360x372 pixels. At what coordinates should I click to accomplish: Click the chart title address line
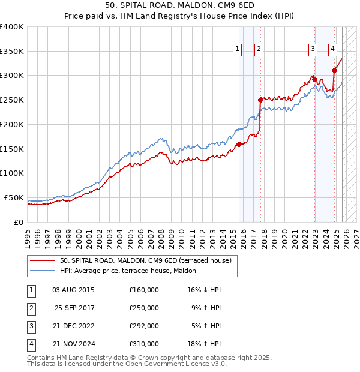coord(179,7)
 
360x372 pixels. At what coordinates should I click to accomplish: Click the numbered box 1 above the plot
coord(238,50)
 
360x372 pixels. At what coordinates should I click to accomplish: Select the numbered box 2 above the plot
coord(259,50)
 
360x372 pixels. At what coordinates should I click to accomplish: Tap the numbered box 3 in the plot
coord(313,50)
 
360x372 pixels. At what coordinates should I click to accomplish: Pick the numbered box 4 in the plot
coord(332,50)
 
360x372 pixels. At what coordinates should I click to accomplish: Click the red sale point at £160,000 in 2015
coord(239,144)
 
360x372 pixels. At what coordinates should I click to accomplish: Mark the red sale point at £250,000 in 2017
coord(260,100)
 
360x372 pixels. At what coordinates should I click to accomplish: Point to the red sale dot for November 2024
coord(334,70)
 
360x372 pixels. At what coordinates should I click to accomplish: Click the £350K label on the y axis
coord(12,52)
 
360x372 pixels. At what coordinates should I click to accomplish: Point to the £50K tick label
coord(14,197)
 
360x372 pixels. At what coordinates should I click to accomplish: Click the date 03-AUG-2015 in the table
coord(73,290)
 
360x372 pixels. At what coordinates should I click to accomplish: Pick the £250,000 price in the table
coord(144,308)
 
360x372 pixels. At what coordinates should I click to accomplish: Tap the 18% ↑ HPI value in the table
coord(205,344)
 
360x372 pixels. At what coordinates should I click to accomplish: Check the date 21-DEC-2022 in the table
coord(73,326)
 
